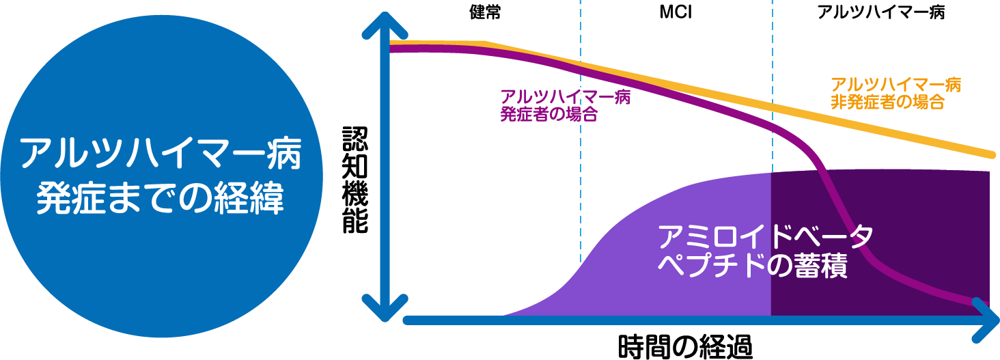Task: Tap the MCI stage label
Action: click(675, 12)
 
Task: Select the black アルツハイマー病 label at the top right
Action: click(880, 12)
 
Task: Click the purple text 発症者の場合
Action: click(548, 114)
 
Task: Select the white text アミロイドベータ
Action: click(764, 237)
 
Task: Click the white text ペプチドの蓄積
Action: click(751, 266)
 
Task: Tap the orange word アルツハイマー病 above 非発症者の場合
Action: click(895, 85)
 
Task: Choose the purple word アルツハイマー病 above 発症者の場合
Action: click(565, 97)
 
